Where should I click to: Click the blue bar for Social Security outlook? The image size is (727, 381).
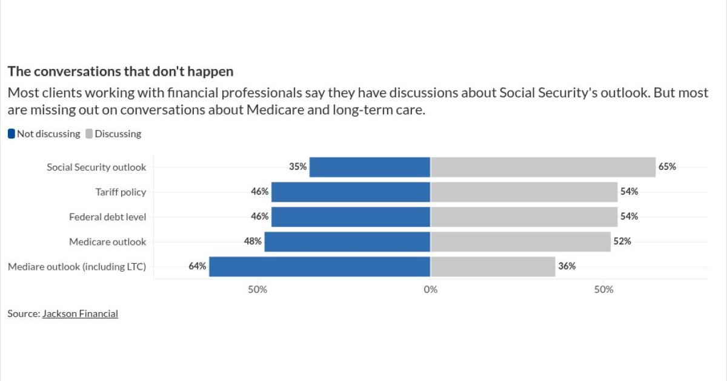coord(370,167)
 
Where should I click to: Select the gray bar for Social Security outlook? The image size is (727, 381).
coord(543,167)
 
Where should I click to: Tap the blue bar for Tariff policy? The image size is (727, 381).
coord(351,192)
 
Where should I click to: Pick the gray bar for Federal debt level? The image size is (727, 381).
coord(523,217)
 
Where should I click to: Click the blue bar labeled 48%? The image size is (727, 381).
coord(347,241)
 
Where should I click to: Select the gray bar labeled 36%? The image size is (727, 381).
coord(493,266)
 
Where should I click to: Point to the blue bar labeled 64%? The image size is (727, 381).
coord(319,266)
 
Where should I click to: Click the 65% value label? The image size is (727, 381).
coord(667,167)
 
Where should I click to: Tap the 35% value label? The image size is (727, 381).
coord(297,167)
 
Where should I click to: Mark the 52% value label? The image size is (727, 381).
coord(622,241)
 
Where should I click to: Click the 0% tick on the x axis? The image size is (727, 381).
coord(430,290)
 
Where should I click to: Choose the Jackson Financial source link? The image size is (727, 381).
coord(80,313)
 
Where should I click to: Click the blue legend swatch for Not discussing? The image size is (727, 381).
coord(12,134)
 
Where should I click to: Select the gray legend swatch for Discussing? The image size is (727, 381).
coord(88,134)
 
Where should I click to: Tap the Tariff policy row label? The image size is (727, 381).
coord(121,192)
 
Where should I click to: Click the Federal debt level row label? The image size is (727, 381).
coord(107,217)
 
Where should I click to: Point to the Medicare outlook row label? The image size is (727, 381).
coord(107,241)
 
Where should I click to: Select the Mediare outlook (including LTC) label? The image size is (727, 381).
coord(77,266)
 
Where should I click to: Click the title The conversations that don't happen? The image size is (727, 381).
coord(120,71)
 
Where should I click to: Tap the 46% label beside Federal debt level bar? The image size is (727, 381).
coord(259,217)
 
